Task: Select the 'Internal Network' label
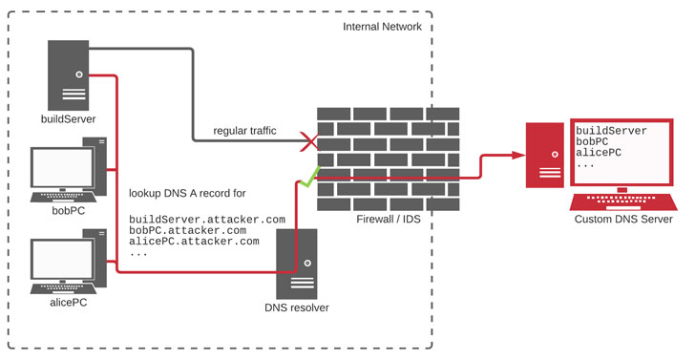(x=382, y=27)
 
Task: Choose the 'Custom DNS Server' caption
(x=623, y=220)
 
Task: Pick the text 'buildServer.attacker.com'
(x=207, y=219)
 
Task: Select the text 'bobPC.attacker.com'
(x=188, y=230)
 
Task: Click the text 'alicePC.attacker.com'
(x=194, y=242)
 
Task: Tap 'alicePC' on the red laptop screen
(x=599, y=153)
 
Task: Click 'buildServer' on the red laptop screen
(x=612, y=130)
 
